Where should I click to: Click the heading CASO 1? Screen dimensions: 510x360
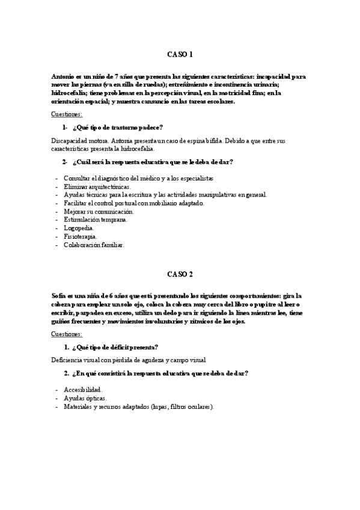pyautogui.click(x=180, y=54)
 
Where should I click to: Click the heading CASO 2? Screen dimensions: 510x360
pyautogui.click(x=180, y=274)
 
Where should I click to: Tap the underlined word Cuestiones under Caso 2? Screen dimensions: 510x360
pyautogui.click(x=67, y=333)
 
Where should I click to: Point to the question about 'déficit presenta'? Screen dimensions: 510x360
pyautogui.click(x=115, y=347)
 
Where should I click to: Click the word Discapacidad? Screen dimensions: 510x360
pyautogui.click(x=71, y=139)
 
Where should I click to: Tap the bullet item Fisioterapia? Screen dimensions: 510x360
pyautogui.click(x=81, y=236)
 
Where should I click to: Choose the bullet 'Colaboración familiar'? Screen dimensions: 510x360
pyautogui.click(x=94, y=245)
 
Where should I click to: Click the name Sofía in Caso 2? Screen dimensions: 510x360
pyautogui.click(x=59, y=296)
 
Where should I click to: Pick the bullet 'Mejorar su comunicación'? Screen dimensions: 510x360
pyautogui.click(x=99, y=212)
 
